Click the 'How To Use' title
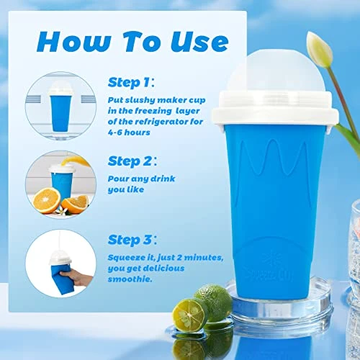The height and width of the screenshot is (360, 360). [132, 42]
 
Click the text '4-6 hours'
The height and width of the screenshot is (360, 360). [129, 132]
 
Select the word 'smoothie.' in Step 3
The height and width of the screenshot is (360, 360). [130, 279]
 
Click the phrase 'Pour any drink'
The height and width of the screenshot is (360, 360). [141, 179]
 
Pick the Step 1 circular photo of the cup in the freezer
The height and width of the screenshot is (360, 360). [60, 106]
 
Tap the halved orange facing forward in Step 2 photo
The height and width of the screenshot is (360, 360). [47, 201]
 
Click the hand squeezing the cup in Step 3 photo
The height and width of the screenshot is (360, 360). [76, 279]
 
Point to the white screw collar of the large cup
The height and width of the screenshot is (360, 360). [276, 109]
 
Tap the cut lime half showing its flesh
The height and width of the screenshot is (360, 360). [190, 315]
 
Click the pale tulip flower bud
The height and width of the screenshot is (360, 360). [320, 49]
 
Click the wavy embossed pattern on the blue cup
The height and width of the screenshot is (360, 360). [274, 157]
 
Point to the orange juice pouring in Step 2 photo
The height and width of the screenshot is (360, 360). [73, 161]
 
